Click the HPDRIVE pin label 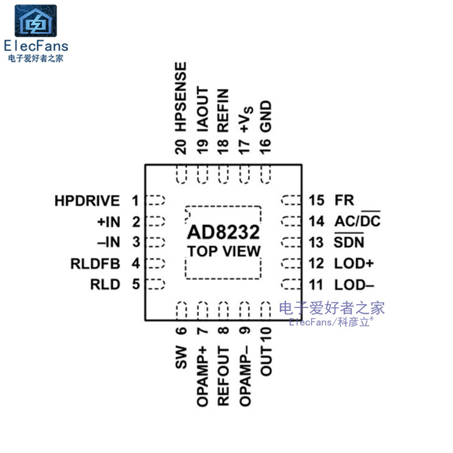pos(87,200)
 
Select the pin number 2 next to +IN pos(136,221)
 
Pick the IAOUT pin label pos(202,110)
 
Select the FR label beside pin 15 pos(344,200)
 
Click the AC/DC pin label pos(357,221)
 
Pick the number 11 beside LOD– pos(316,284)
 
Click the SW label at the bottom pos(181,357)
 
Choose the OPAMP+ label pos(202,376)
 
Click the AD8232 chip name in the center pos(224,233)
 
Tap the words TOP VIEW pos(224,251)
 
